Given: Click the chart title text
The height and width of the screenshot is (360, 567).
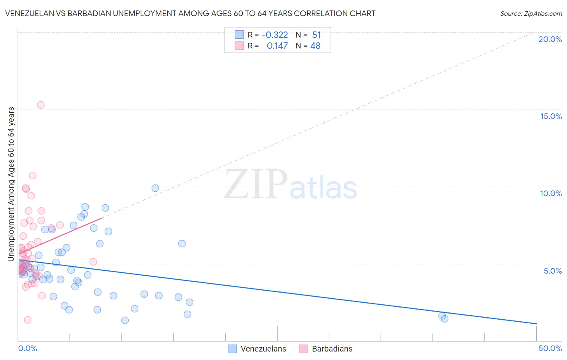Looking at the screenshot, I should pos(190,14).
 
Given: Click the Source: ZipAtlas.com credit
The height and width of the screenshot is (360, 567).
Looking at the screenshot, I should pos(531,14).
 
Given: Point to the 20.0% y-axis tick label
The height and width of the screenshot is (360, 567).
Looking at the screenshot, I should pos(550,39).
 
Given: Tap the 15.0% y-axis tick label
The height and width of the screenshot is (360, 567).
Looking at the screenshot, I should pos(551,116).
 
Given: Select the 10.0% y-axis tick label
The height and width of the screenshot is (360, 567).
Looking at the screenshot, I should pos(551,193).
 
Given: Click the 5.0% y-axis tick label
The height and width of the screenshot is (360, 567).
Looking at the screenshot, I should pos(552,271).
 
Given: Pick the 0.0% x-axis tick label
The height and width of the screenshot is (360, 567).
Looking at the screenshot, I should pos(27,348).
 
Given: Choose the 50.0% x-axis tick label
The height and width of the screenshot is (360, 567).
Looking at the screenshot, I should pos(550,348).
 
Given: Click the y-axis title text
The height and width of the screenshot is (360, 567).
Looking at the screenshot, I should pos(11,184).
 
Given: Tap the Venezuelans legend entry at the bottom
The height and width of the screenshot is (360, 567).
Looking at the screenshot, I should pos(263,349).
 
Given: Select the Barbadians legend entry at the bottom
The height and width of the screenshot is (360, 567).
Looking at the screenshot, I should pos(332,349).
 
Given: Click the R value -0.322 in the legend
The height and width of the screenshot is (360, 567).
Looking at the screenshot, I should pos(275,35).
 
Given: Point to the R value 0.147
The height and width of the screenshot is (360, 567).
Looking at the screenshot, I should pos(277,46).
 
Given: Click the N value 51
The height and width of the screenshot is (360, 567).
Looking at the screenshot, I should pos(316,35).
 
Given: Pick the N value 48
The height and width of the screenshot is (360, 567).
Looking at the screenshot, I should pos(315,46).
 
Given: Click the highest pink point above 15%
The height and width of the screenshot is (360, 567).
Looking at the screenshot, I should pos(41,105).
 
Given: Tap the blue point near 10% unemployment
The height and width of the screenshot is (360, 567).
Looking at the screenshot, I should pos(155,188).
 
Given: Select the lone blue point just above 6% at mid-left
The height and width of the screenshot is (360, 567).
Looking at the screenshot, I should pos(182,244).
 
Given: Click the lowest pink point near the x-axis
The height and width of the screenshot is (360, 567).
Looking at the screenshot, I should pos(28,320).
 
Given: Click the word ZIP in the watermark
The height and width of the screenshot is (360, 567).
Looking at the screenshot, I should pos(256,185).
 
